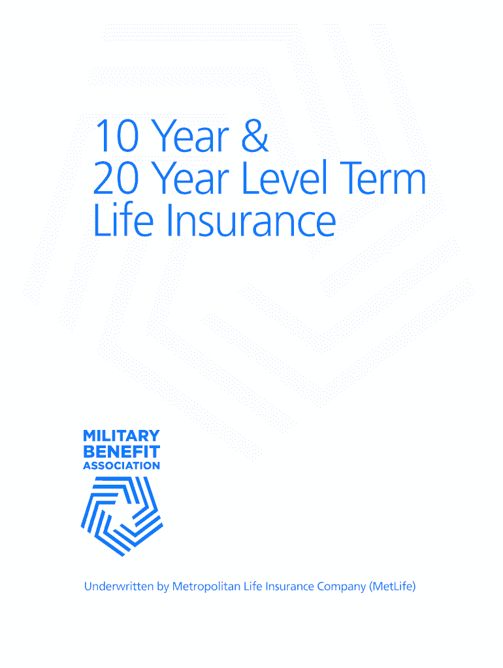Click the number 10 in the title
click(x=116, y=136)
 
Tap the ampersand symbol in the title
click(x=255, y=136)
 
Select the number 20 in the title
click(x=116, y=177)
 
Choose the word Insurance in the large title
click(x=251, y=219)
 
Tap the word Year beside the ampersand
click(x=190, y=136)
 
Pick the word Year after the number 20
click(x=190, y=177)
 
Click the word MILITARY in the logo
click(x=122, y=436)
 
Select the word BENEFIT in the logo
click(x=122, y=451)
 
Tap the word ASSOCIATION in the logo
click(x=122, y=466)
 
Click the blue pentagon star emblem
click(x=122, y=516)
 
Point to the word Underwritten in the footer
click(x=119, y=586)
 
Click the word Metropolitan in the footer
click(x=206, y=587)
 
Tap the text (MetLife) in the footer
click(x=393, y=587)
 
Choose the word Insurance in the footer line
click(x=289, y=586)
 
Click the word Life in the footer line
click(x=253, y=586)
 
